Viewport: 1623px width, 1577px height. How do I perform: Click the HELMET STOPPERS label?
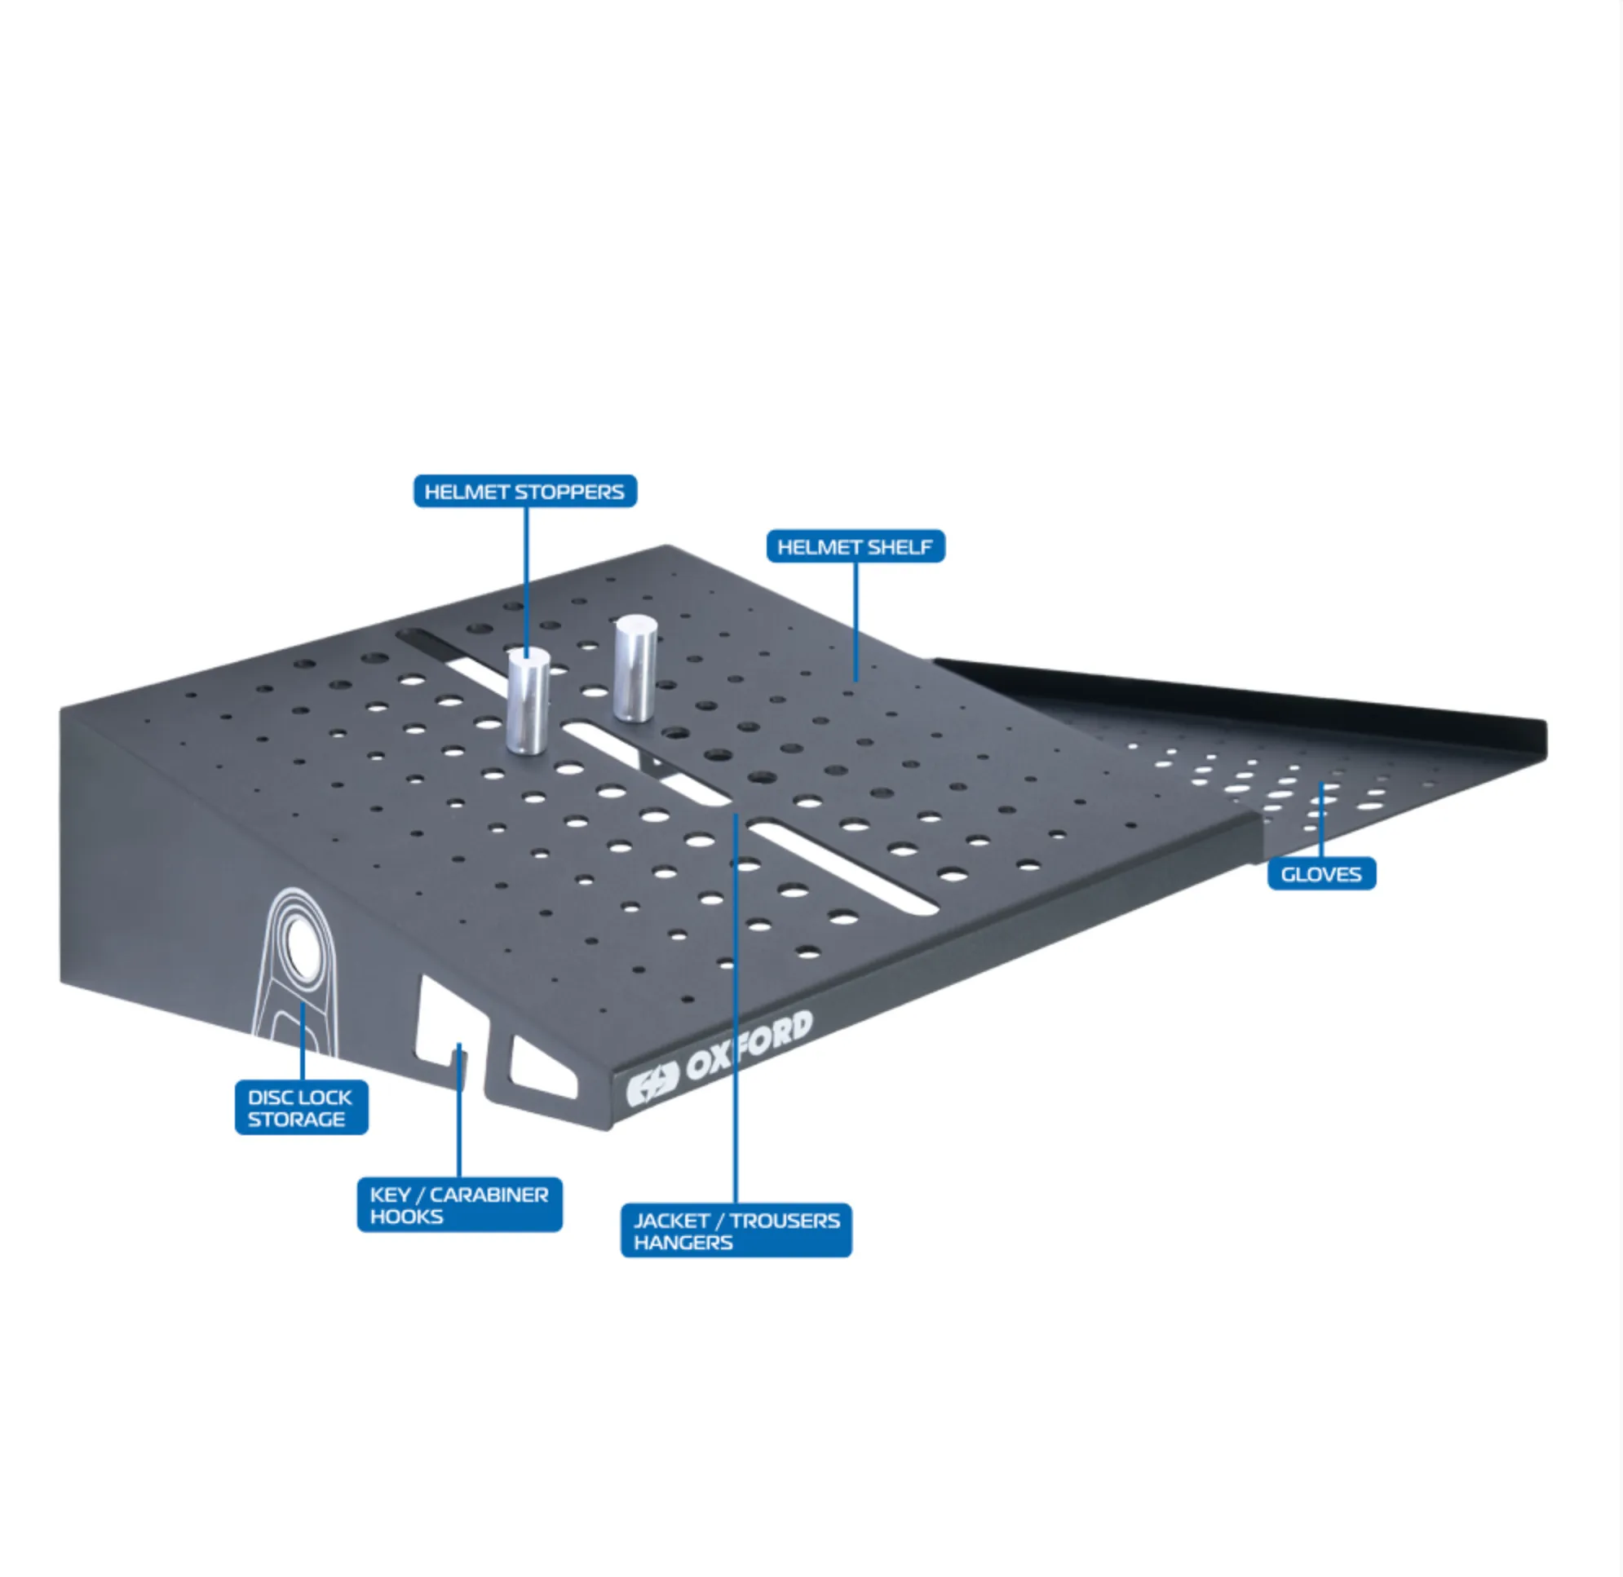click(525, 491)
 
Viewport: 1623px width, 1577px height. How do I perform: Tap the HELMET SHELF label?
click(855, 546)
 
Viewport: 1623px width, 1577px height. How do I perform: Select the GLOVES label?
click(1321, 874)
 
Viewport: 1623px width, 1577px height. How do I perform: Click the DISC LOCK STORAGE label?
click(301, 1107)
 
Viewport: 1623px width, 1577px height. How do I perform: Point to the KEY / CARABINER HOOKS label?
click(460, 1204)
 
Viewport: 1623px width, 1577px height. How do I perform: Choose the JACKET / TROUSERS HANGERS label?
click(736, 1230)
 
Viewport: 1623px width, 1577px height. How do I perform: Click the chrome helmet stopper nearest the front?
click(528, 700)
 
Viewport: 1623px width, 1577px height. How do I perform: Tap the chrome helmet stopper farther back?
click(635, 668)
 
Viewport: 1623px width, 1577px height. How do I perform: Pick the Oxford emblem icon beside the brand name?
click(652, 1087)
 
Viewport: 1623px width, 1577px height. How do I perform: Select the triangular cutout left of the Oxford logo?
click(542, 1068)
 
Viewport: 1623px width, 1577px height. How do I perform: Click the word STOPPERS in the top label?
click(569, 492)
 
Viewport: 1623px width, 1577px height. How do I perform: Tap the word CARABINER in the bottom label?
click(489, 1195)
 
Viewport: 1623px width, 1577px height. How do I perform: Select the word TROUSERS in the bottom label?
click(785, 1220)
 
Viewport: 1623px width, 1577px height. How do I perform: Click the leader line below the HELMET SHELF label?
click(856, 622)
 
